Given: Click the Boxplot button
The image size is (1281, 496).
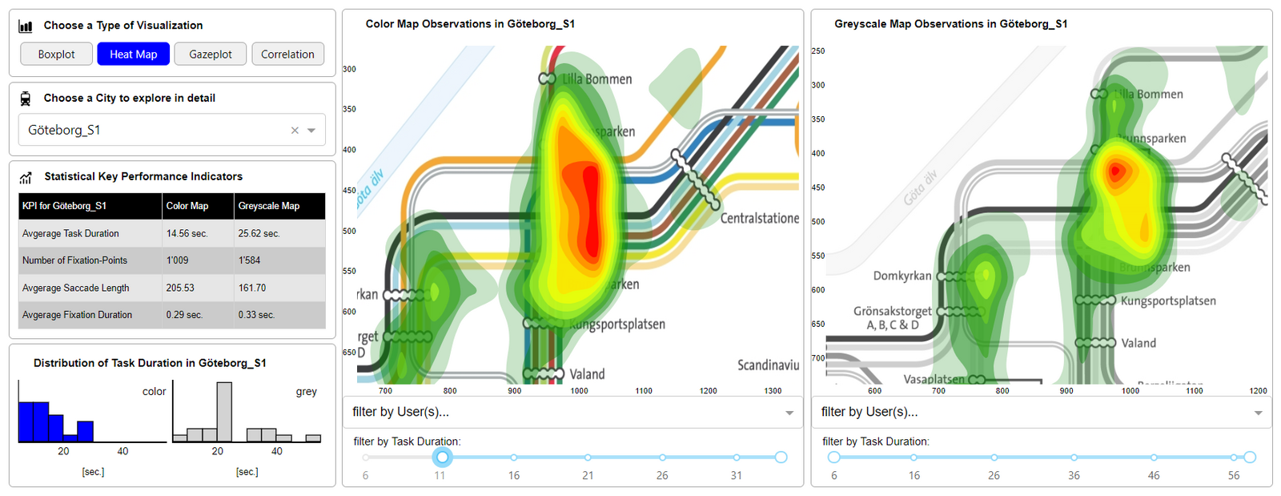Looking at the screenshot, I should tap(56, 54).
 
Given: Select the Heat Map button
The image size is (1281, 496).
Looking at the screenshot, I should tap(133, 54).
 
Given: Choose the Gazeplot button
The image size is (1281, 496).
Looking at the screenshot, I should tap(210, 54).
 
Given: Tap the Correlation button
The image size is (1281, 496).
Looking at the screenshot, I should tap(287, 54).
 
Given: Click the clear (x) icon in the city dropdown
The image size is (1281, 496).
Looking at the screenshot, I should tap(295, 131).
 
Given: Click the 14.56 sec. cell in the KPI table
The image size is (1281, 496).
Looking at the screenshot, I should tap(187, 234).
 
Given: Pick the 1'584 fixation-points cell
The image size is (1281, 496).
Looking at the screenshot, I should tap(249, 260).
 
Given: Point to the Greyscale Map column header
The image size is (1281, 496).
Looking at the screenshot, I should tap(269, 206).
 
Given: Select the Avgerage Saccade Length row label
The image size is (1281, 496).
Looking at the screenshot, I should tap(76, 288).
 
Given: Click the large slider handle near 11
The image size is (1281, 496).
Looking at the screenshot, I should tap(442, 458).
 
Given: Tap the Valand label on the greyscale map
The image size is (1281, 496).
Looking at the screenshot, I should tap(1138, 343).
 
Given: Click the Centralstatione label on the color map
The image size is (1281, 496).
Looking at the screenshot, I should tap(759, 218).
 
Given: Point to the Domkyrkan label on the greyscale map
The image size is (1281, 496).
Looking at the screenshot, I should tap(902, 276).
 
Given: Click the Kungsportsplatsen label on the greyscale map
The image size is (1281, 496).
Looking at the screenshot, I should tap(1168, 301).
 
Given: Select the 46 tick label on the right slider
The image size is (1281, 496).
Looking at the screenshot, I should tap(1154, 475).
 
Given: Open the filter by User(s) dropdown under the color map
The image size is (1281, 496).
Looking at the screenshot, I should tap(572, 412).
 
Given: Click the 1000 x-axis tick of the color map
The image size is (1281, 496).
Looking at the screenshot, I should tap(579, 391).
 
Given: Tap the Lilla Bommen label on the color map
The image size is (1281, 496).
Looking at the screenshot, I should tap(596, 79).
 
